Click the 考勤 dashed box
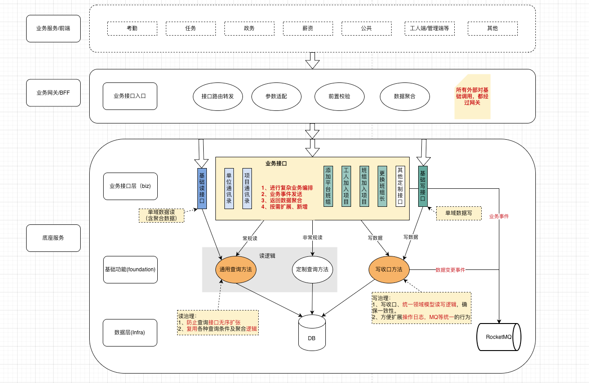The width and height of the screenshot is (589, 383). click(132, 28)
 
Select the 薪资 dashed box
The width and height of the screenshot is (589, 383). click(308, 28)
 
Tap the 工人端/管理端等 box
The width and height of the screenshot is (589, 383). click(429, 28)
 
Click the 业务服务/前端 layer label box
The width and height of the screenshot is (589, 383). click(53, 28)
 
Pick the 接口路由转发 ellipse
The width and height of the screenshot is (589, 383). click(218, 96)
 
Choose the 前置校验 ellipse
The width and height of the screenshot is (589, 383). click(339, 96)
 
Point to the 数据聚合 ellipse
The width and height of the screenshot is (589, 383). click(405, 96)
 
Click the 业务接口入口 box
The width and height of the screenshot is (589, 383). click(130, 96)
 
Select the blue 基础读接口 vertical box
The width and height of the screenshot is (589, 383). click(202, 188)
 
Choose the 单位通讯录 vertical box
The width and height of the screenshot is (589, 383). click(229, 188)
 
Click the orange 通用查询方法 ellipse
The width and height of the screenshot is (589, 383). click(236, 270)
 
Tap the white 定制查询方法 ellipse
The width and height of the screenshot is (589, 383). click(312, 270)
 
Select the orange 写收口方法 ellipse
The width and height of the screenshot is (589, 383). click(389, 269)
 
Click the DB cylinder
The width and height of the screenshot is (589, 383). click(312, 333)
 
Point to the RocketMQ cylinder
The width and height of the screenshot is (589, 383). click(499, 337)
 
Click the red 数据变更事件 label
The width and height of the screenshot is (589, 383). click(450, 270)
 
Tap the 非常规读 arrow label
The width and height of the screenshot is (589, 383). click(312, 237)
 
